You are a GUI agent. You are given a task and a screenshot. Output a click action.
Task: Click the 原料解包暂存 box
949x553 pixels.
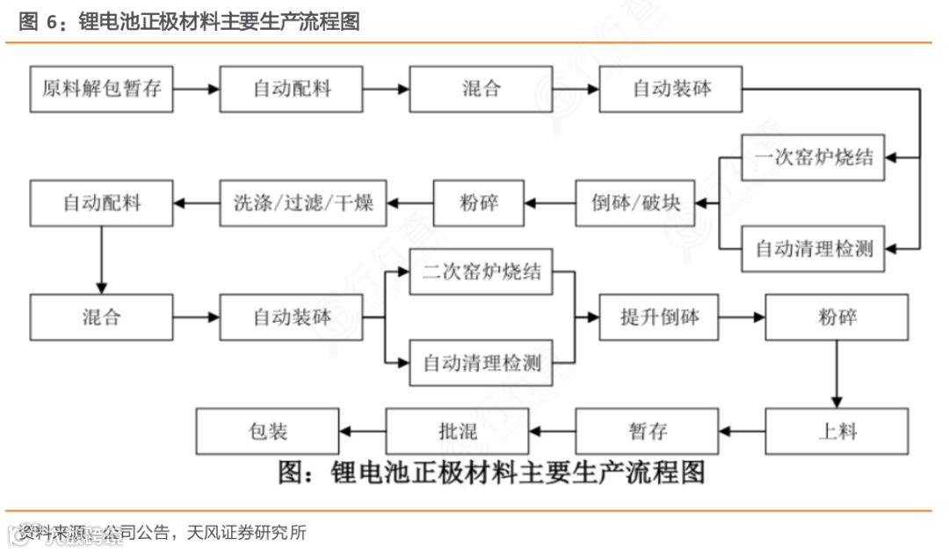(102, 89)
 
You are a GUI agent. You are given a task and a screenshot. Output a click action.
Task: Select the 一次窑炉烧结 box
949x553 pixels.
(814, 157)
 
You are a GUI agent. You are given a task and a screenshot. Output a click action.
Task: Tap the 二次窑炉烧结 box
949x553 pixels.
(482, 272)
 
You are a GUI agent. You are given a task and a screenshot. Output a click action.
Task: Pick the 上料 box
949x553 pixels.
(836, 431)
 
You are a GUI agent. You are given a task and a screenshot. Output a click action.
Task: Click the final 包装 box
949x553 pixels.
(267, 431)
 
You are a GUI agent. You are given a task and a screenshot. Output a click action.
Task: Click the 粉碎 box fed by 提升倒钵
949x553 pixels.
(836, 317)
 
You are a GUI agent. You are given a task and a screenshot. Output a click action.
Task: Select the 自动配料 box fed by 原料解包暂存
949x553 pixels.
(292, 89)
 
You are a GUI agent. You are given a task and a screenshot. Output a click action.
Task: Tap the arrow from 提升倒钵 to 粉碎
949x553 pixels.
(743, 317)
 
